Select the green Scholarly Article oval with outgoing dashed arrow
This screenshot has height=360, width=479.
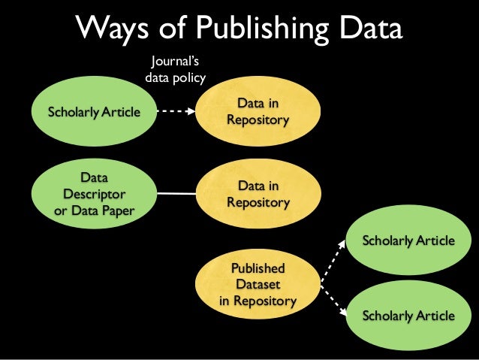point(94,113)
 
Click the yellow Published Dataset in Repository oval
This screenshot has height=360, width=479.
point(258,285)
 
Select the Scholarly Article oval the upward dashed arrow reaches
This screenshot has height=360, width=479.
point(408,241)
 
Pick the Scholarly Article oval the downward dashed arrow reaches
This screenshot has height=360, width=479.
point(408,315)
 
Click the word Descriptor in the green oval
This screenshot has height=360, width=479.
point(94,194)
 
